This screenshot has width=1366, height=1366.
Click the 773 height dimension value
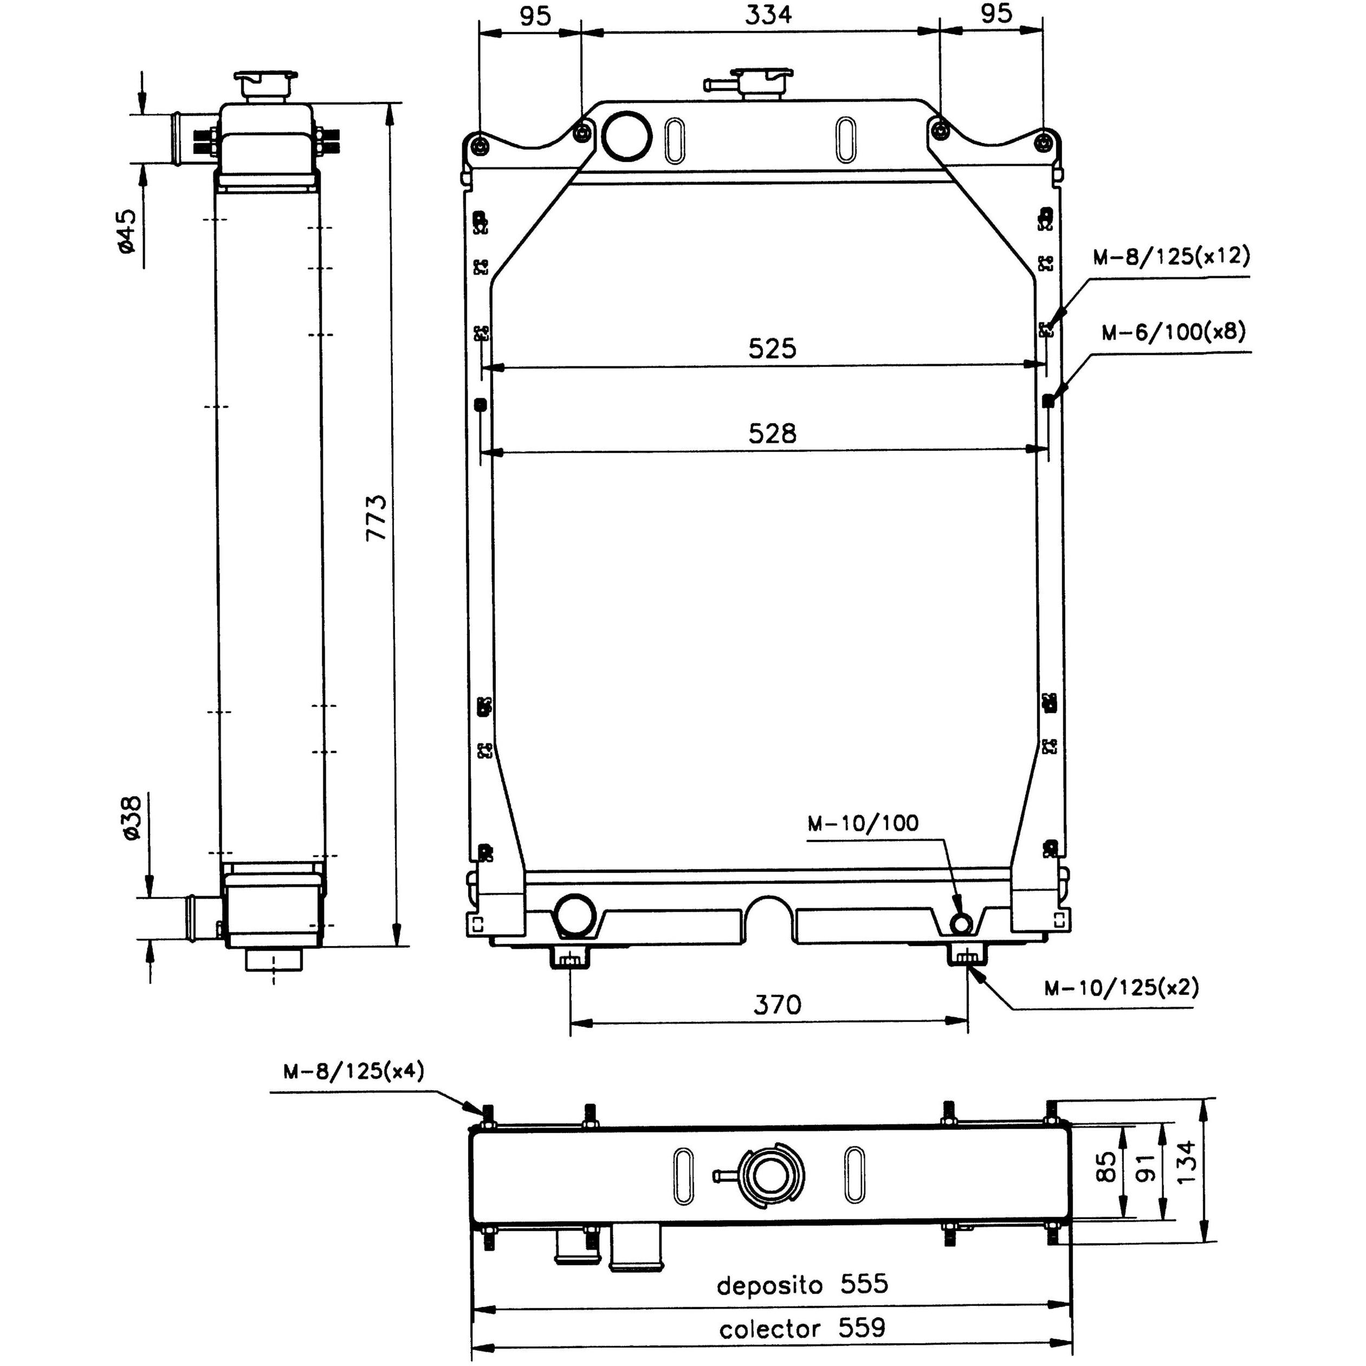click(x=377, y=518)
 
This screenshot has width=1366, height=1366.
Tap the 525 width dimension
click(x=772, y=348)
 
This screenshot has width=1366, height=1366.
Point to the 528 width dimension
click(x=772, y=433)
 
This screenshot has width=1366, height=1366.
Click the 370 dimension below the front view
click(x=777, y=1004)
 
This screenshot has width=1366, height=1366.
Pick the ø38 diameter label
click(x=132, y=817)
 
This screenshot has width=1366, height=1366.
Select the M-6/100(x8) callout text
click(x=1174, y=332)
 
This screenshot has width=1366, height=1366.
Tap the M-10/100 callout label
click(x=863, y=823)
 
